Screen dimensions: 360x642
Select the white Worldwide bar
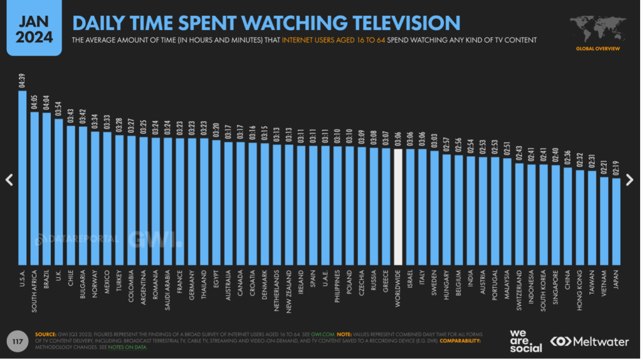(x=397, y=207)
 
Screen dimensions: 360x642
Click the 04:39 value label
(x=23, y=82)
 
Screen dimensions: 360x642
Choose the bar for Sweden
(x=434, y=208)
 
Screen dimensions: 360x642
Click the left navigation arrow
(x=9, y=180)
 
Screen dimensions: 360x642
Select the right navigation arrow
(x=633, y=180)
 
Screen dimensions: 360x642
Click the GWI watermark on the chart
(x=154, y=239)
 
